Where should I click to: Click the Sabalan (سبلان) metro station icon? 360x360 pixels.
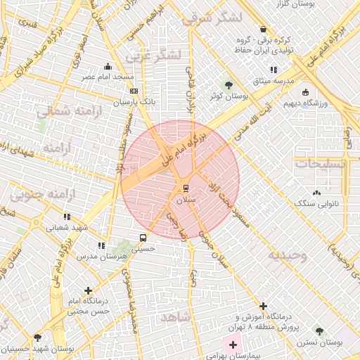pos(186,188)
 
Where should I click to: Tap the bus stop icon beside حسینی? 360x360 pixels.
pos(143,238)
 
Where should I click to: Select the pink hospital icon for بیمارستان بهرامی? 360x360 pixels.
pos(233,345)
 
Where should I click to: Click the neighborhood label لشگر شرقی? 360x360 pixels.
pos(211,19)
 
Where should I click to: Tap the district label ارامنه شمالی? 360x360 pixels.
pos(67,111)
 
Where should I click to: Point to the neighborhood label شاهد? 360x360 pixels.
pos(176,318)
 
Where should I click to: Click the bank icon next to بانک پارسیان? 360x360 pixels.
pos(134,91)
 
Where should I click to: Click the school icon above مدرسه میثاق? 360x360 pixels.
pos(274,70)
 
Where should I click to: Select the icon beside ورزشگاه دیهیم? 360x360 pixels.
pos(306,91)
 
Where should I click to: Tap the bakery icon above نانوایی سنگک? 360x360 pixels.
pos(317,192)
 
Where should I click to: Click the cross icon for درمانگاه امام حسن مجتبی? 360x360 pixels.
pos(88,290)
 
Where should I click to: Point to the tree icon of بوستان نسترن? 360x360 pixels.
pos(319,330)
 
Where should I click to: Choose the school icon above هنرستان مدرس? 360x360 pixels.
pos(102,245)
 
